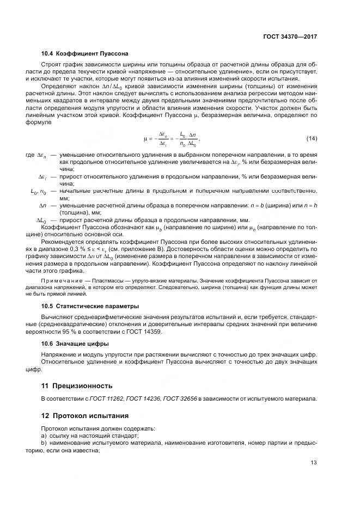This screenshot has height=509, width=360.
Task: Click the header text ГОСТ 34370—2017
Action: click(289, 37)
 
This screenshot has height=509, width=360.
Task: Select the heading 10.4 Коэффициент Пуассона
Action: click(84, 54)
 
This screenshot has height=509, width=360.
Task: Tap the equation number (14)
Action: click(312, 139)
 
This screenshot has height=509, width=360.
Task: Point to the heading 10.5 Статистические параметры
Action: click(90, 306)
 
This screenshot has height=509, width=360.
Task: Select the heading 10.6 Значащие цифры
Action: click(75, 344)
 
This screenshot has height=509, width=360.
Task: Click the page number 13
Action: click(314, 463)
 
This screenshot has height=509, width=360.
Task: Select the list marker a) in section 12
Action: click(45, 437)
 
